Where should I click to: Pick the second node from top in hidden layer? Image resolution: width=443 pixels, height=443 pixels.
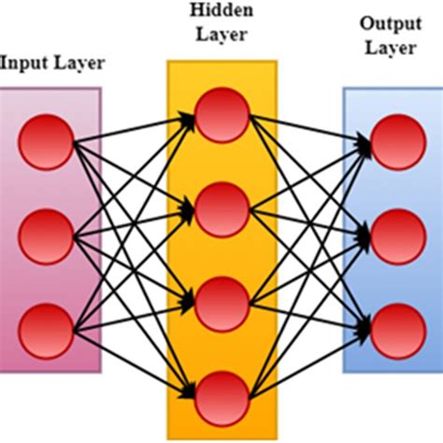[222, 207]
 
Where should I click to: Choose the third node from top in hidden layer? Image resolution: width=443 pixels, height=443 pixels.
[222, 302]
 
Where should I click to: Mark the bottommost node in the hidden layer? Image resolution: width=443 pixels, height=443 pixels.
[222, 396]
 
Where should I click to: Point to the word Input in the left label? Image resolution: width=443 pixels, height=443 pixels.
[21, 64]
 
